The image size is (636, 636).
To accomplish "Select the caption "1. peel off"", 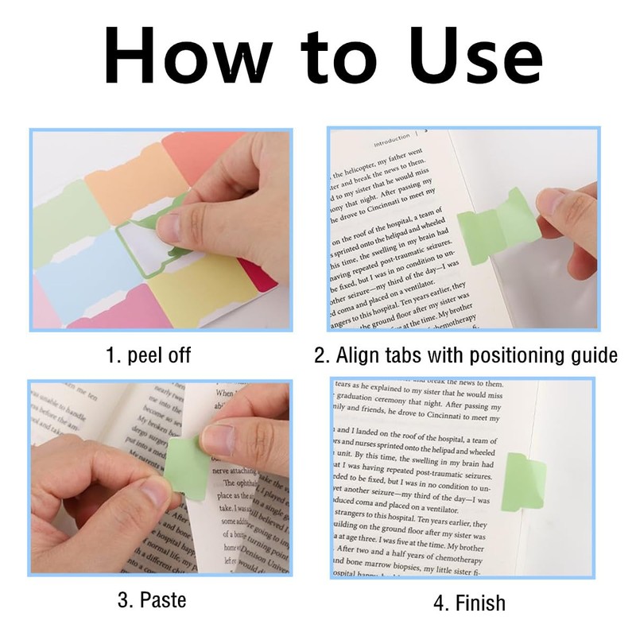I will tap(149, 354).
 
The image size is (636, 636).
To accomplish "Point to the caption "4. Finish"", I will tap(469, 603).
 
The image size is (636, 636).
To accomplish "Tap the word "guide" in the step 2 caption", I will tap(590, 355).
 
